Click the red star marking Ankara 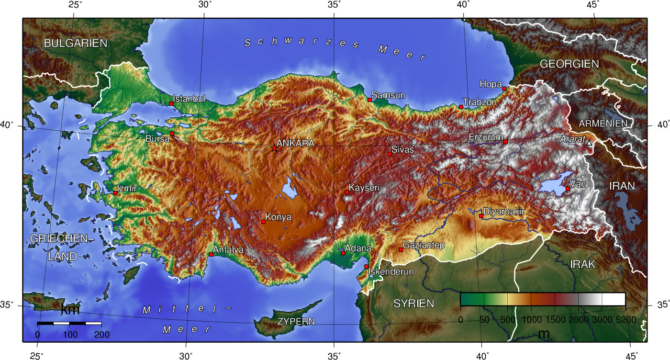(274, 148)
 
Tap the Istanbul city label (189, 99)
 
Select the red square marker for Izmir (115, 193)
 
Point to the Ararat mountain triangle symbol (589, 143)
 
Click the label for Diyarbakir (504, 211)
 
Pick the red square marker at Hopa (504, 89)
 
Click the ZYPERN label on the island (296, 321)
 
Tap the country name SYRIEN (413, 303)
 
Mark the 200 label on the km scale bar (102, 335)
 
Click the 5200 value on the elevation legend (625, 319)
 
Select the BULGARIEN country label (76, 43)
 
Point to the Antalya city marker (211, 254)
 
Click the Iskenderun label (391, 272)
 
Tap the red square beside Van (568, 189)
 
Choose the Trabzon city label (480, 102)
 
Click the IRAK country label (582, 264)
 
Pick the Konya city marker (263, 222)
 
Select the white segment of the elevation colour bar (614, 299)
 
